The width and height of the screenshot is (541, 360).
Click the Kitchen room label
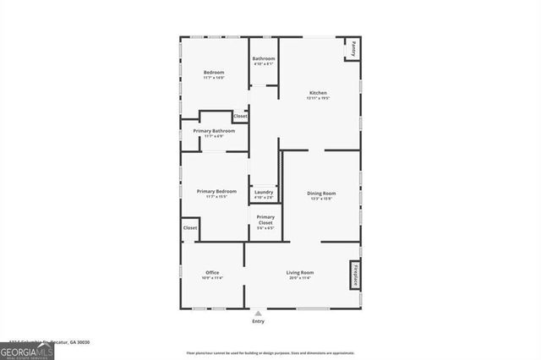tap(318, 93)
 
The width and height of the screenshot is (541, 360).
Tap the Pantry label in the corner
tap(354, 48)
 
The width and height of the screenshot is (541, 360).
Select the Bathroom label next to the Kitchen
tap(264, 58)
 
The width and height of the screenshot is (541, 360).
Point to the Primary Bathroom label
tap(214, 131)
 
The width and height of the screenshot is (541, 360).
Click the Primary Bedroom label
tap(216, 192)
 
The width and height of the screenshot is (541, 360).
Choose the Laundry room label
tap(264, 192)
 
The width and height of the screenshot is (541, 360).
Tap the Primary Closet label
tap(265, 221)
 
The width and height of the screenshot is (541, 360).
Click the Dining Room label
tap(321, 194)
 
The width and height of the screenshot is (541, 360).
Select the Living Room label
tap(300, 272)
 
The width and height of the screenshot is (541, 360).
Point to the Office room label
tap(212, 272)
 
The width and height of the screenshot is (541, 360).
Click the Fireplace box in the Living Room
tap(355, 275)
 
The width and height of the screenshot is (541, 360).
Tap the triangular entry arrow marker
tap(259, 314)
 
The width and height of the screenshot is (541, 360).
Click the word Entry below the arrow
tap(259, 322)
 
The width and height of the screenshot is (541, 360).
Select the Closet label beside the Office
tap(190, 227)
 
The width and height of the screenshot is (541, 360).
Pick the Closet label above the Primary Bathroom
tap(241, 116)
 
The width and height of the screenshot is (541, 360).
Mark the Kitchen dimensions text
tap(318, 98)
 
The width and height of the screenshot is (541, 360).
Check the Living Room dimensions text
tap(300, 277)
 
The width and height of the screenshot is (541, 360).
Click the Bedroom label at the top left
tap(214, 73)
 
